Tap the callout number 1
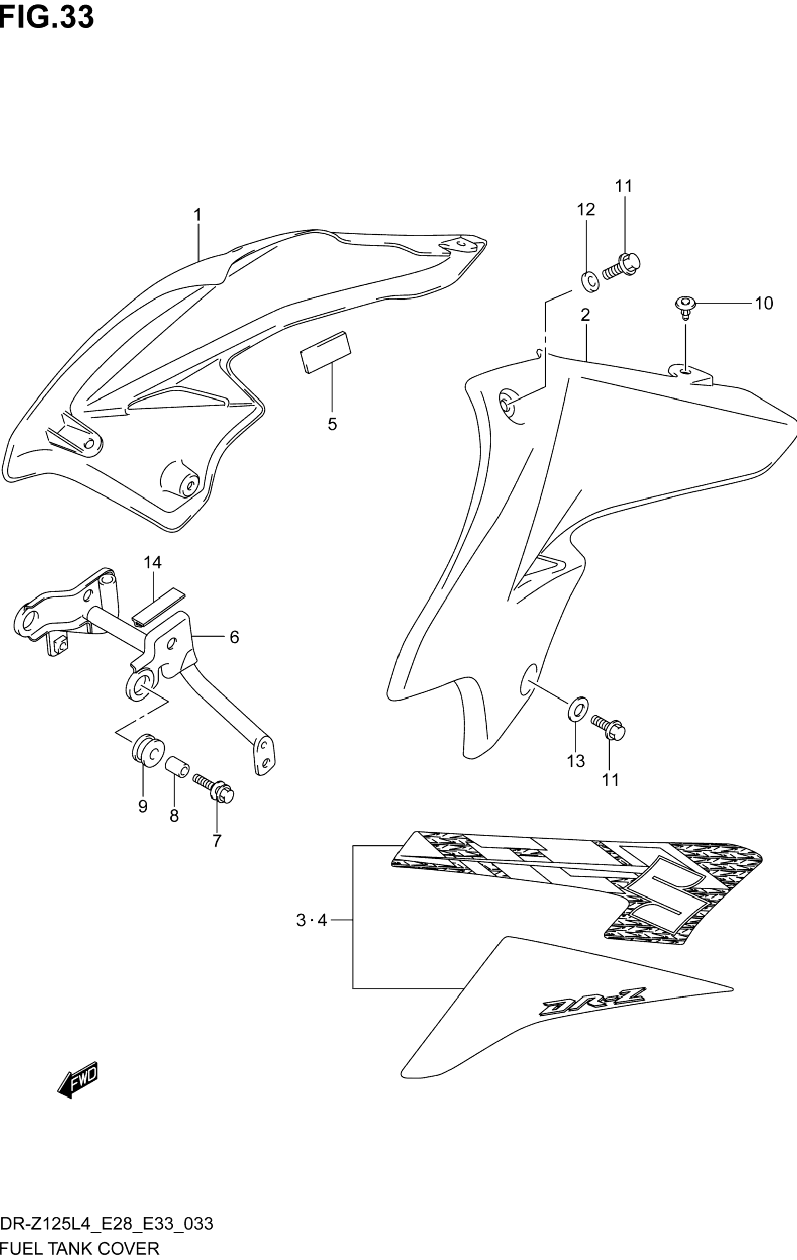pyautogui.click(x=198, y=215)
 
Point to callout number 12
pyautogui.click(x=586, y=210)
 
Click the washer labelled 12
pyautogui.click(x=589, y=281)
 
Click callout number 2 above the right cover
pyautogui.click(x=585, y=315)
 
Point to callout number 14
pyautogui.click(x=153, y=563)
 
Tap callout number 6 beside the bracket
pyautogui.click(x=234, y=637)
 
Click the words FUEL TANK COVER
pyautogui.click(x=80, y=1248)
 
